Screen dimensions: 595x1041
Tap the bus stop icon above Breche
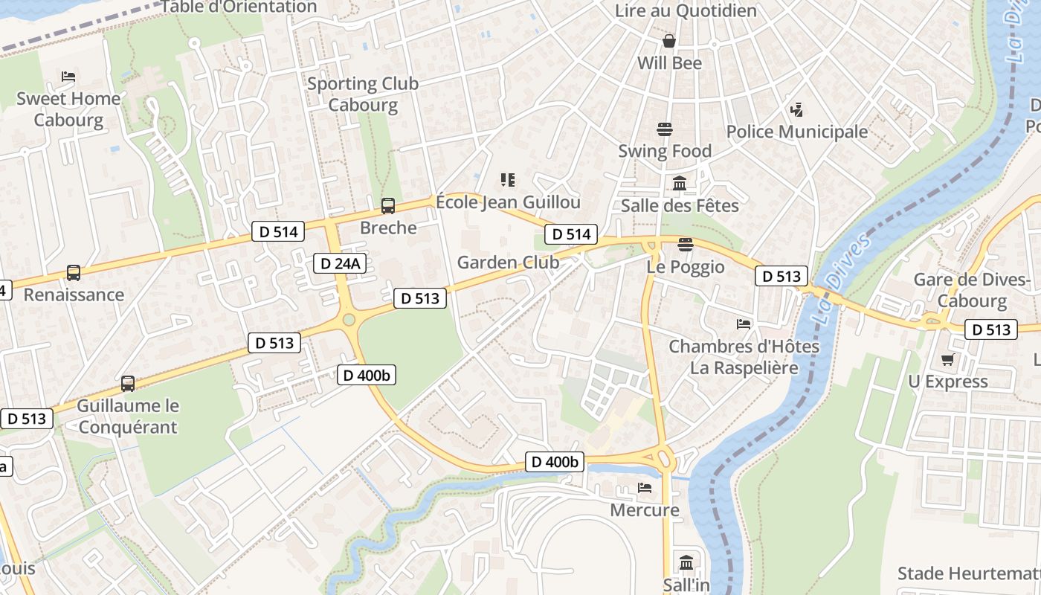tap(387, 206)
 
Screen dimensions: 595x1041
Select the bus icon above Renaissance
tap(73, 273)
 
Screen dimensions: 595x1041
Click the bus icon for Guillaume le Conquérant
tap(128, 384)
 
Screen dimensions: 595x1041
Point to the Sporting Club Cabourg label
tap(363, 94)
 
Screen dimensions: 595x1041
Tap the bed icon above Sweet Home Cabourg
tap(68, 77)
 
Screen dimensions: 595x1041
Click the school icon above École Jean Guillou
tap(508, 179)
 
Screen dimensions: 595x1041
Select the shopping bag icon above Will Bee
tap(669, 40)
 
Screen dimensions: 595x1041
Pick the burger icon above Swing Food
tap(665, 129)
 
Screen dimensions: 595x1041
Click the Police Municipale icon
tap(796, 110)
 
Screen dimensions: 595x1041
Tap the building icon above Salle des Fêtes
tap(680, 183)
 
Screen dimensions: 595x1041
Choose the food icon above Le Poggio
tap(686, 245)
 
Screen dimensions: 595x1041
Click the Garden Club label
tap(508, 262)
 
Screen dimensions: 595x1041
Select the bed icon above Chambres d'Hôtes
tap(744, 324)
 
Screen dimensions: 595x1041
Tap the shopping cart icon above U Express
tap(947, 360)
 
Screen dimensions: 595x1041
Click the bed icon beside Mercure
tap(645, 488)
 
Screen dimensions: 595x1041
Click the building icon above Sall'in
tap(686, 562)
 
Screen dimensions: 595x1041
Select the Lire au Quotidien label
tap(686, 10)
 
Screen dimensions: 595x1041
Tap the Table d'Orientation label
tap(239, 7)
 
